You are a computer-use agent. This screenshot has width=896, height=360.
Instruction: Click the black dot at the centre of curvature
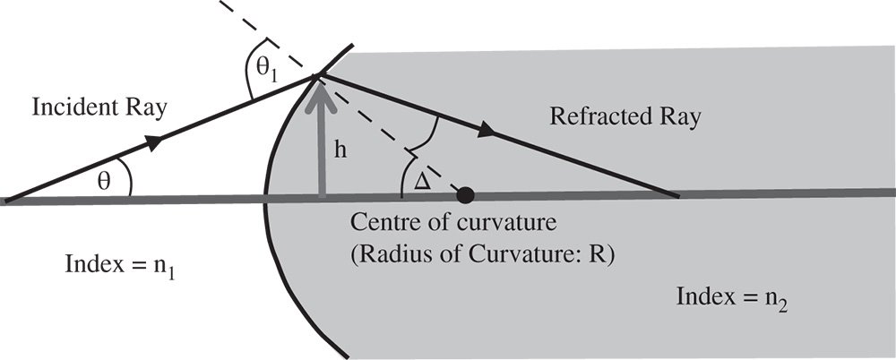click(x=465, y=193)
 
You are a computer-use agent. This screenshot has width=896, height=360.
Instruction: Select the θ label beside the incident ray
click(x=106, y=182)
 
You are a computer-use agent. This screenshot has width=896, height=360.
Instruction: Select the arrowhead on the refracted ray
click(x=487, y=132)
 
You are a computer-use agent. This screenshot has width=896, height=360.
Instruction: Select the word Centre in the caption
click(x=380, y=221)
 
